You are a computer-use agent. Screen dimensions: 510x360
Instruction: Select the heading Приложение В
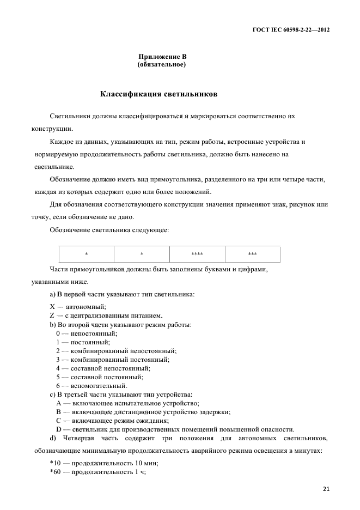pyautogui.click(x=163, y=57)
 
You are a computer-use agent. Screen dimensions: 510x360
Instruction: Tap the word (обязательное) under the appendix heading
pyautogui.click(x=162, y=64)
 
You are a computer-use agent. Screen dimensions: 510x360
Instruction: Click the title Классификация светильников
pyautogui.click(x=159, y=94)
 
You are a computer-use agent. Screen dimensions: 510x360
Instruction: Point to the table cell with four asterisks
pyautogui.click(x=197, y=254)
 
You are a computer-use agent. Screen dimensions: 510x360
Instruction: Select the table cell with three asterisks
pyautogui.click(x=252, y=254)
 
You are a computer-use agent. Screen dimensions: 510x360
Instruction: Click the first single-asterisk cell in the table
pyautogui.click(x=87, y=254)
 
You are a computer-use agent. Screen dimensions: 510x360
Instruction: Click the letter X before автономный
pyautogui.click(x=52, y=307)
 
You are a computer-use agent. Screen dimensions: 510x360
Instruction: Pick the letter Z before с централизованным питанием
pyautogui.click(x=52, y=315)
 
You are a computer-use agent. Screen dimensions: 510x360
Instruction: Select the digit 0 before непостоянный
pyautogui.click(x=58, y=333)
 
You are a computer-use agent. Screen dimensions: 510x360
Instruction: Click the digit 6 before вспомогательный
pyautogui.click(x=58, y=385)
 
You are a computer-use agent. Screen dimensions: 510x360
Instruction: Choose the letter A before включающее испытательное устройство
pyautogui.click(x=58, y=403)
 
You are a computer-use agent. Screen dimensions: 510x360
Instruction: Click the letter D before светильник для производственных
pyautogui.click(x=58, y=429)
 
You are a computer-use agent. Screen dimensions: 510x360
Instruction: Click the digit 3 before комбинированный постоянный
pyautogui.click(x=58, y=359)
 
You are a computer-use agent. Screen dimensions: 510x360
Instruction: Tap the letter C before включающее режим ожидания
pyautogui.click(x=58, y=420)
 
